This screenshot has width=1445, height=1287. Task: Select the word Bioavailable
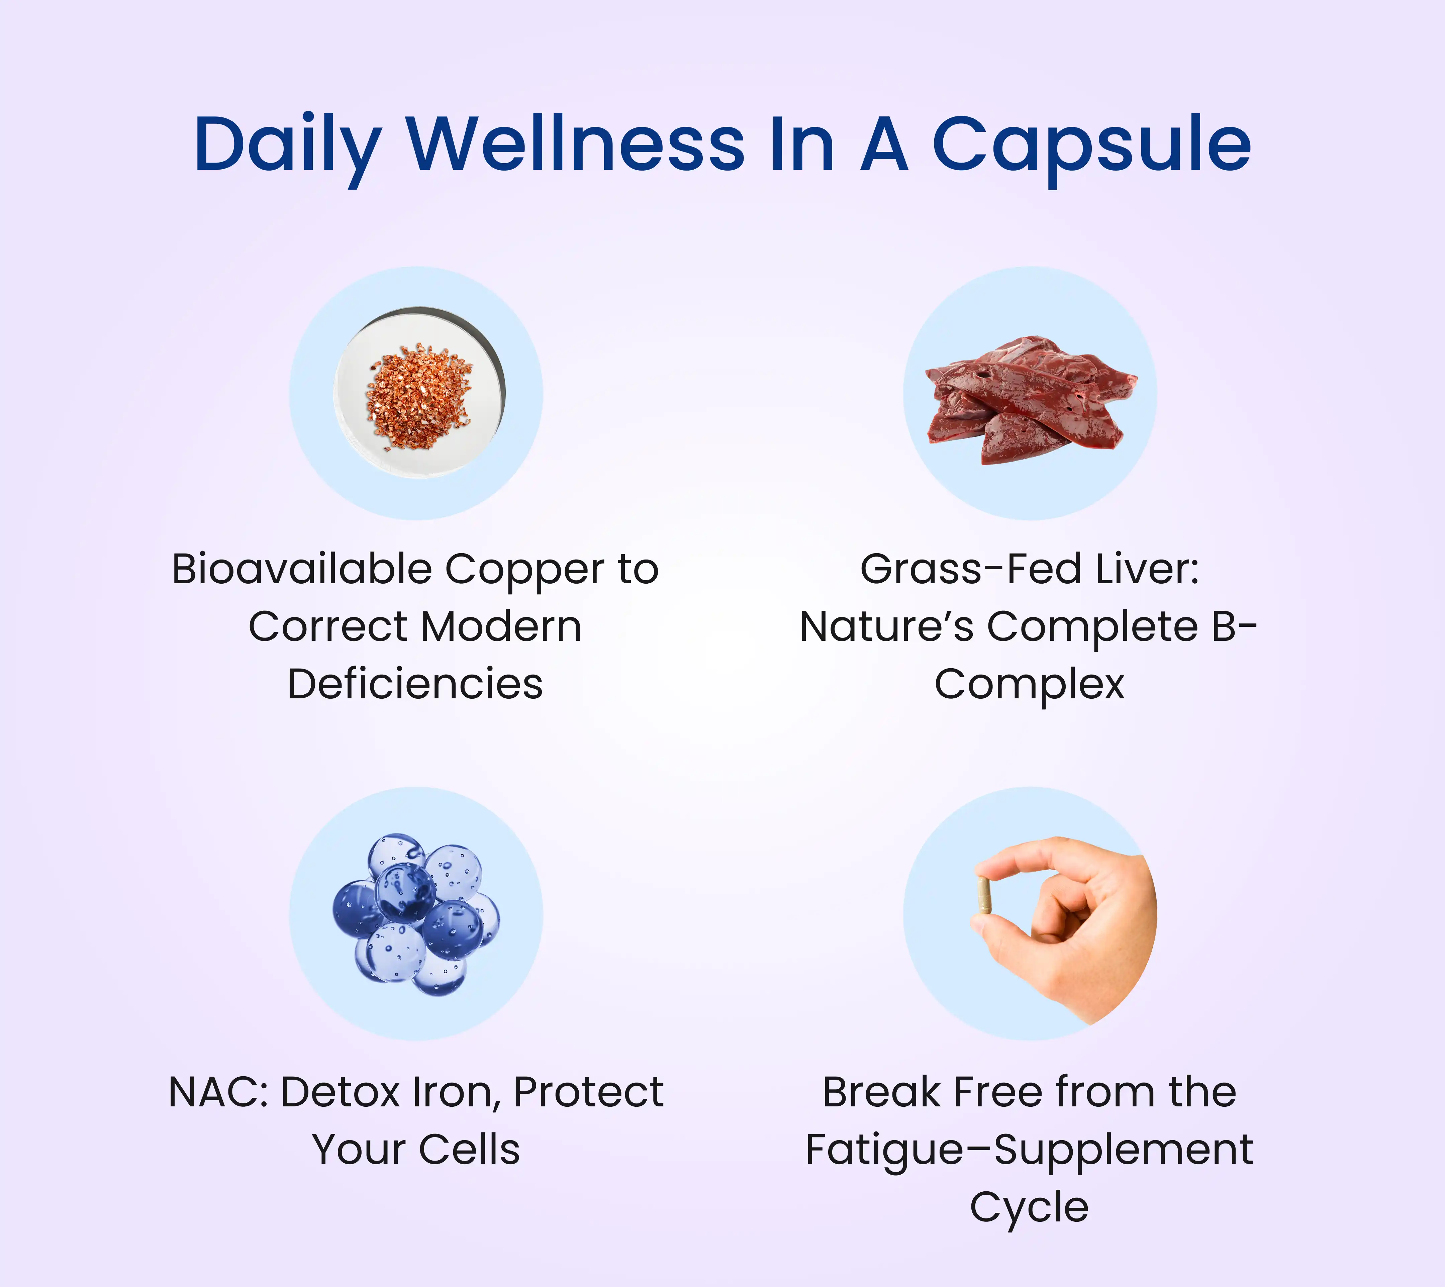point(302,569)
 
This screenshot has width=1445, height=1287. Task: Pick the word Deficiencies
point(415,684)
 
